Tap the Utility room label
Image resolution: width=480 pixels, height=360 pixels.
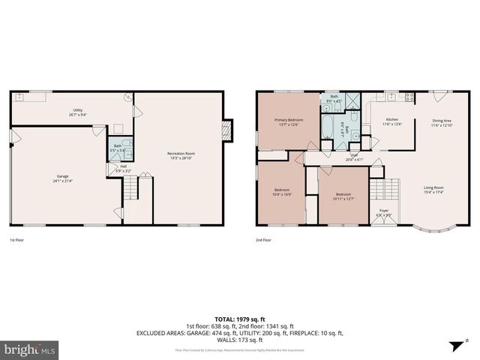pos(78,112)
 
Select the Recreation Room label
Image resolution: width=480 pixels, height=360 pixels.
pos(180,156)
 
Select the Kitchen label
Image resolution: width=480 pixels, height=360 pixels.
pos(392,121)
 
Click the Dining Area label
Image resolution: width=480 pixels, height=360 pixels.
pos(442,122)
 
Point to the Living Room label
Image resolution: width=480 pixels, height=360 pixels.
pos(433,190)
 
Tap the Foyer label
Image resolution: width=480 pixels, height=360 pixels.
pos(384,213)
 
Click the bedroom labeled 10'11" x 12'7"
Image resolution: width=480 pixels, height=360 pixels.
pos(343,196)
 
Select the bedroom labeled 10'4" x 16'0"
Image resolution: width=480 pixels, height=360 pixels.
pos(281,191)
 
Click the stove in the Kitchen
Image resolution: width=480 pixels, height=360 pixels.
pos(409,97)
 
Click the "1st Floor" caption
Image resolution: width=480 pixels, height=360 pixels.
pos(18,240)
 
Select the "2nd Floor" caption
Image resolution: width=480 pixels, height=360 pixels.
pos(263,240)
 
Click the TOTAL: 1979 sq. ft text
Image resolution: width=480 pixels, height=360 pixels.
pos(239,319)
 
